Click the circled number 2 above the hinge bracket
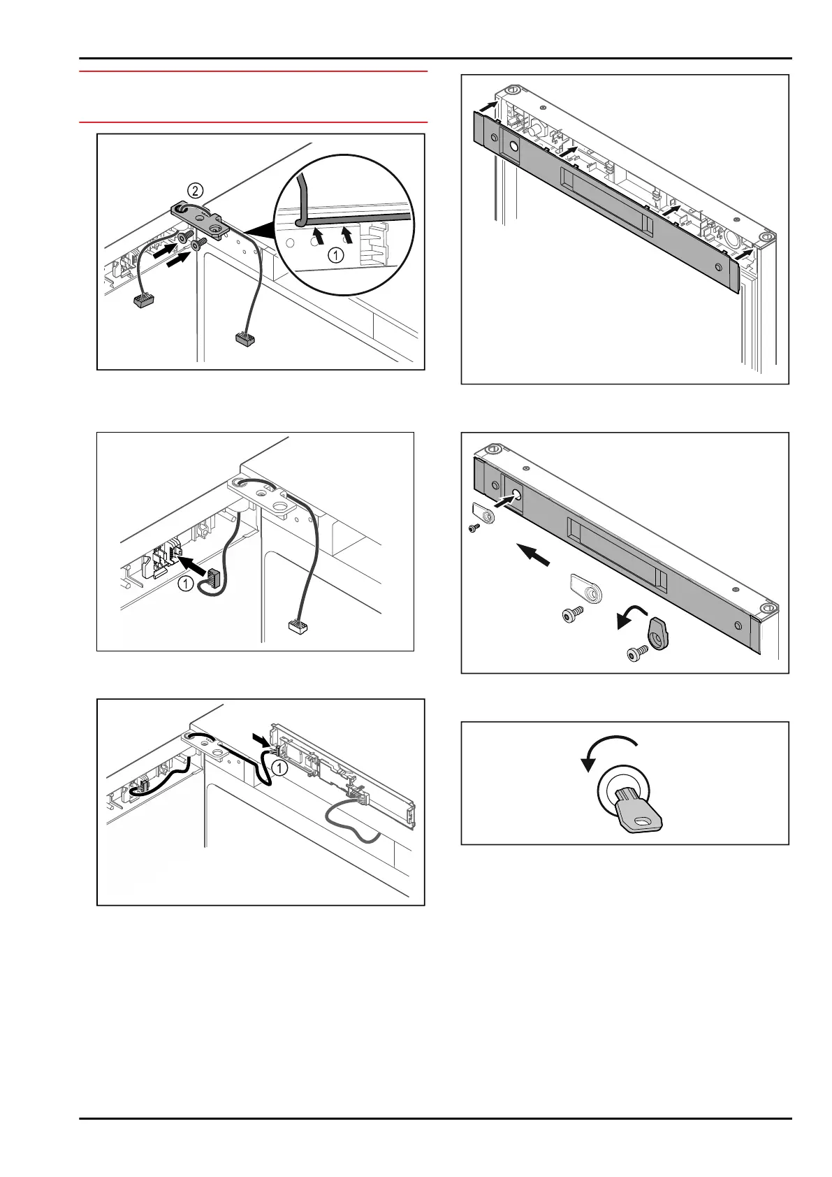tap(195, 189)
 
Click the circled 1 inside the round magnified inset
tap(336, 255)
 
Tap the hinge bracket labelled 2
tap(200, 221)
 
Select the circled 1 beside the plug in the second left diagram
tap(185, 584)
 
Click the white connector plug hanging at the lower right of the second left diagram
tap(298, 626)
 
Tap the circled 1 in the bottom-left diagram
tap(278, 767)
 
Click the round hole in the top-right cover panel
tap(513, 147)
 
